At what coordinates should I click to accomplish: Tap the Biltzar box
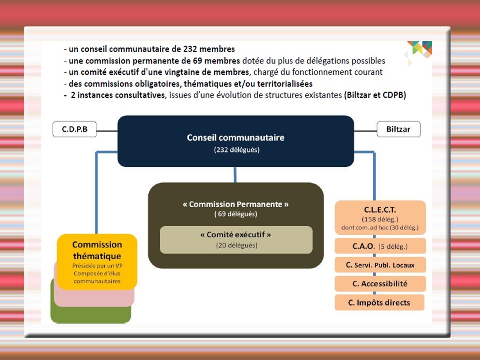coord(398,129)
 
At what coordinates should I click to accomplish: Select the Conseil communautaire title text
coord(235,137)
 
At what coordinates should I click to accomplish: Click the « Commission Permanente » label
coord(235,204)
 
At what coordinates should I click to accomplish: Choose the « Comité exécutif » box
coord(236,240)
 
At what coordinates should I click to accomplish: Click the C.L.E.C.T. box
coord(380,218)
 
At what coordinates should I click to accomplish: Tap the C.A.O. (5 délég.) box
coord(380,246)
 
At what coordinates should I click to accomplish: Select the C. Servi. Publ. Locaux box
coord(380,265)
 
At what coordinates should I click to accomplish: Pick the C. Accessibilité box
coord(380,284)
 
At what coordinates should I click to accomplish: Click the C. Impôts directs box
coord(379,302)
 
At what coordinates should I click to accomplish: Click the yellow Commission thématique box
coord(97,261)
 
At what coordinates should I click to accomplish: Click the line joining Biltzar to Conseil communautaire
coord(365,131)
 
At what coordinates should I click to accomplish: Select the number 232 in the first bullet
coord(191,49)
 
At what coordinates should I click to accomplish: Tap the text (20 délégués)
coord(236,245)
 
